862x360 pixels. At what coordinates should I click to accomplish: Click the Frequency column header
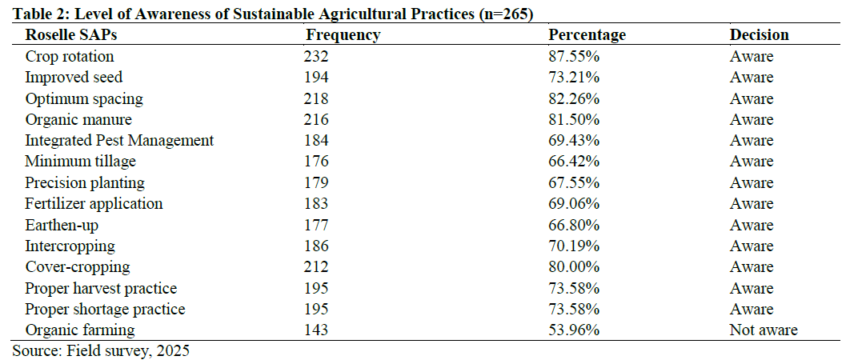coord(343,35)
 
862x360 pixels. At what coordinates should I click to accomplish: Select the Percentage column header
coord(587,35)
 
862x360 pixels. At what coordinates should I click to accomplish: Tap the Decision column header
coord(759,35)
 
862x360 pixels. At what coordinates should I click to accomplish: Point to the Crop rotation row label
coord(70,57)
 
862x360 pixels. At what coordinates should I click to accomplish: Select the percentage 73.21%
coord(574,78)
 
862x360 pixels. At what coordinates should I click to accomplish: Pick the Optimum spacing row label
coord(84,99)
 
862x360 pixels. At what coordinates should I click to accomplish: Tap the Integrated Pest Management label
coord(119,141)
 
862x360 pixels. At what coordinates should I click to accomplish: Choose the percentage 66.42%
coord(574,162)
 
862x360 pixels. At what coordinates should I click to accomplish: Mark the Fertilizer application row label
coord(94,204)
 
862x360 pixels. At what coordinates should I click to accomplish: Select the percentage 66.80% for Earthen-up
coord(574,226)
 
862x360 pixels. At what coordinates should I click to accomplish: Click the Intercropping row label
coord(70,246)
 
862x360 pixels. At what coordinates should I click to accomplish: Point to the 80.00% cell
coord(574,267)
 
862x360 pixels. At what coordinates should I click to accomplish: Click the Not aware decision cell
coord(764,330)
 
